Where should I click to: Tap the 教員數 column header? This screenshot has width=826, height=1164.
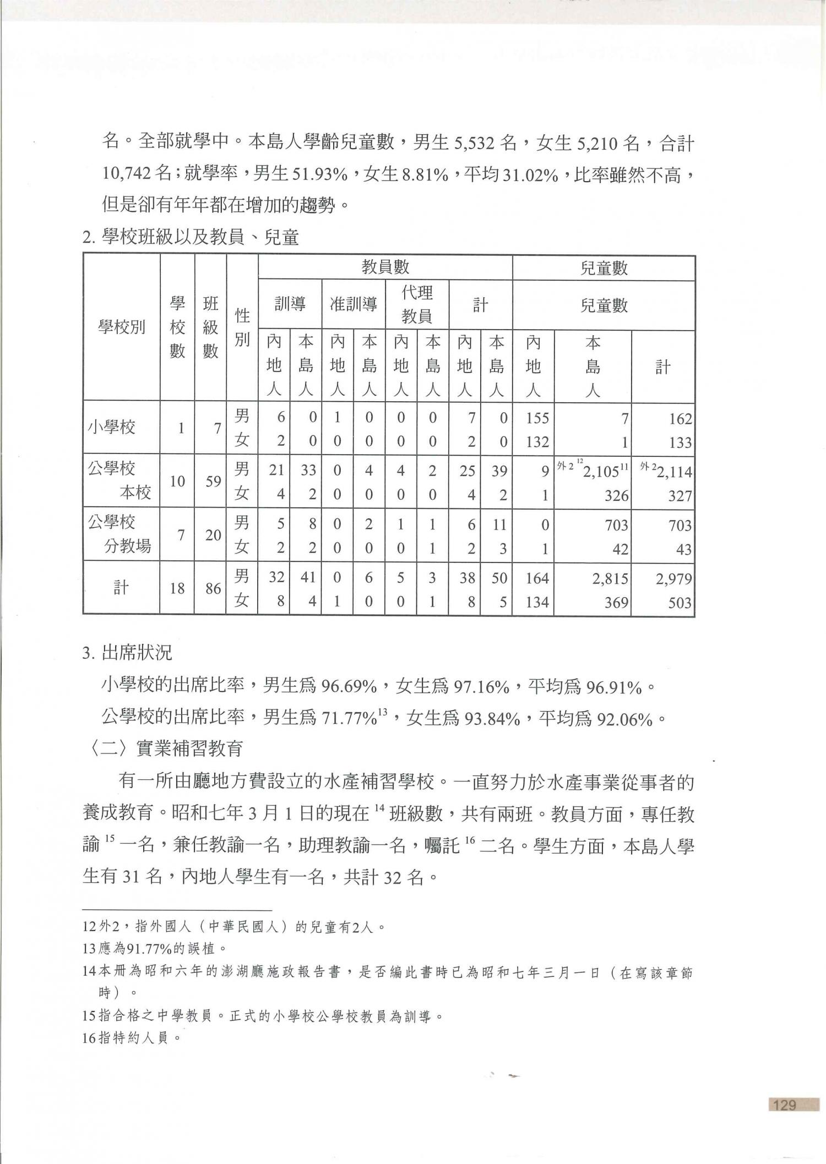pos(385,267)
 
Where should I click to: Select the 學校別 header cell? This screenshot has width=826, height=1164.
pos(121,327)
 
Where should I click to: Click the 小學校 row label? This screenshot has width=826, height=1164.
pos(112,427)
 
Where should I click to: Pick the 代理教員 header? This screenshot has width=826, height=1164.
pos(416,304)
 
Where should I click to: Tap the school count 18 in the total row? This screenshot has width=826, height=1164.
pos(177,589)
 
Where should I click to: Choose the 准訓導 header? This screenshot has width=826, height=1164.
pos(353,304)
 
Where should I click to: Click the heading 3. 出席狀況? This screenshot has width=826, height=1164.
pos(127,653)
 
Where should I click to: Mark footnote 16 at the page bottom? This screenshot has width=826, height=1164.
pos(132,1038)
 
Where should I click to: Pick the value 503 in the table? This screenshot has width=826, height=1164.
pos(680,603)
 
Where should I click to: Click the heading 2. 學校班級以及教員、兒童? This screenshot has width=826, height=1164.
pos(191,238)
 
